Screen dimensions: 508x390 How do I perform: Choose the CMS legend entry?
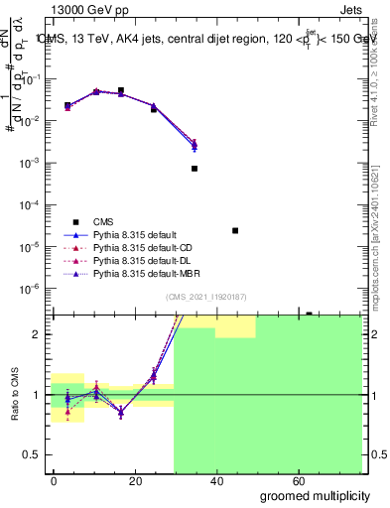click(103, 222)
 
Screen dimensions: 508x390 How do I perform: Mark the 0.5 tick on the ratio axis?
click(31, 454)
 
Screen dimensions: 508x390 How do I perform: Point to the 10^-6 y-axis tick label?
click(28, 289)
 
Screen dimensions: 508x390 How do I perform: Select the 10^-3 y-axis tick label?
click(28, 163)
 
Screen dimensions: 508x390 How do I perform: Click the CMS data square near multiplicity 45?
click(235, 230)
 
